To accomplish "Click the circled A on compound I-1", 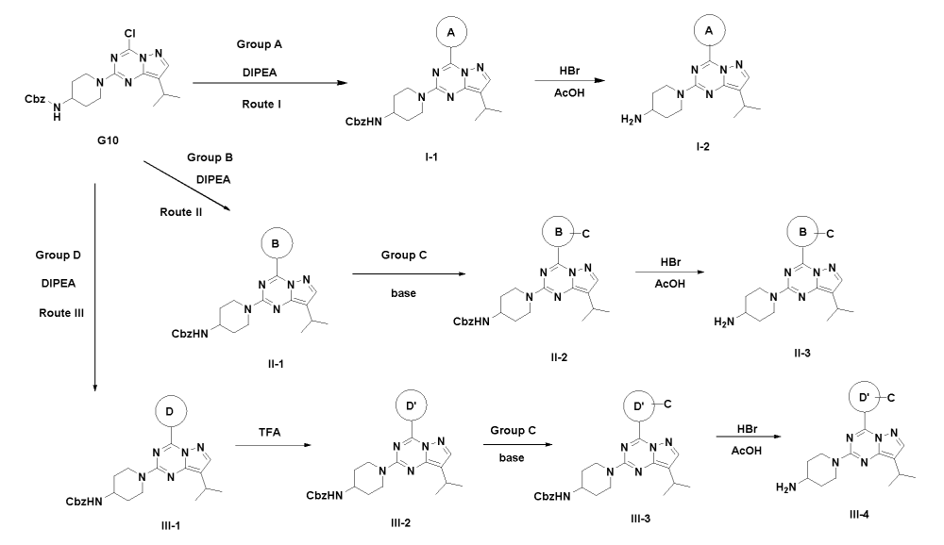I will click(450, 32).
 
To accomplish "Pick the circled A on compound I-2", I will click(702, 31).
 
